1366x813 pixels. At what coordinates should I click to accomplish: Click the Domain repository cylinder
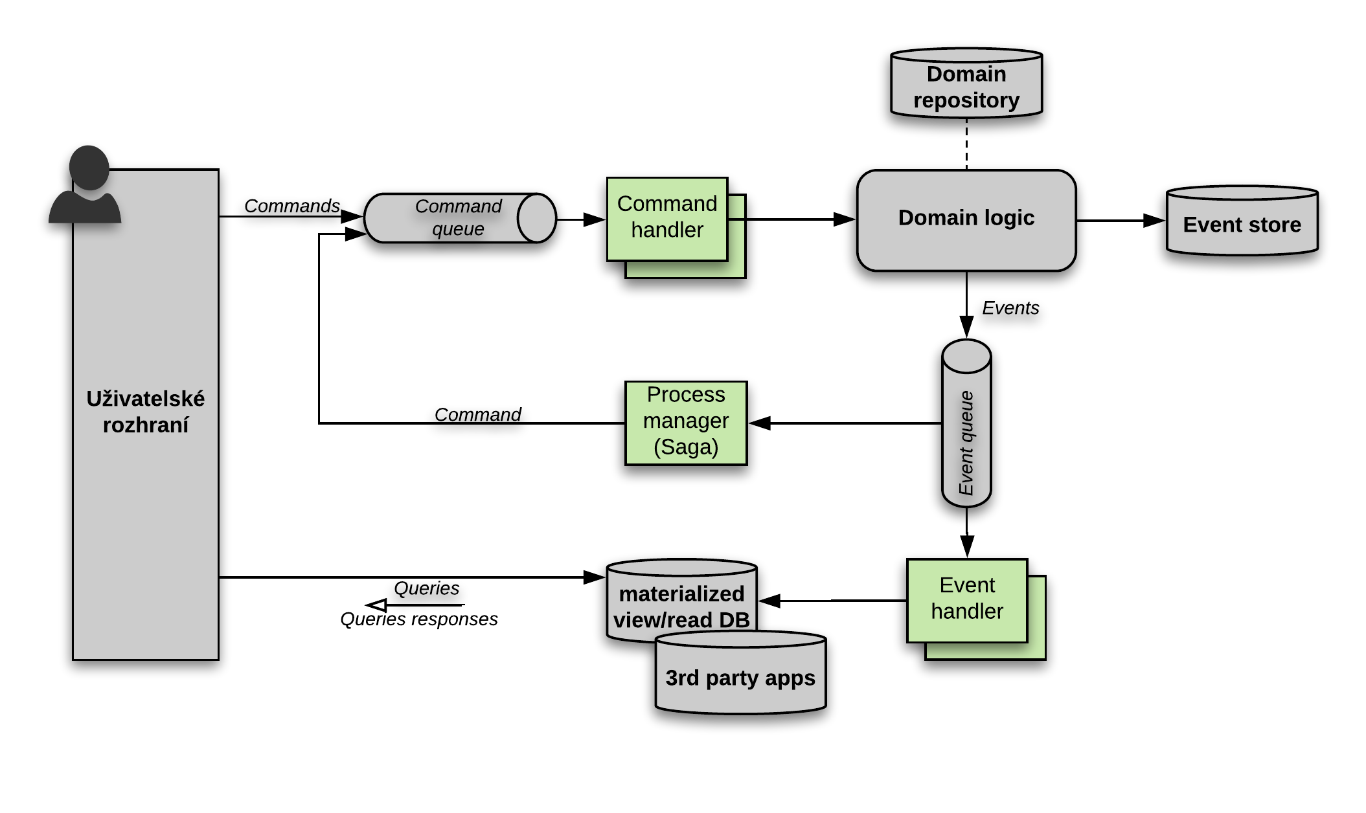[966, 84]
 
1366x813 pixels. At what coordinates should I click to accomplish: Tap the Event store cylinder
[1242, 223]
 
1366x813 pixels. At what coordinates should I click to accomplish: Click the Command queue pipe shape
[447, 218]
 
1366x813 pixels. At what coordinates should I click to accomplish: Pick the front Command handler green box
[666, 218]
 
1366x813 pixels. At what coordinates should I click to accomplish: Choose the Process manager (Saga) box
[686, 422]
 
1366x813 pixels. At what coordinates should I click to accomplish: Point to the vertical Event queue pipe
[966, 434]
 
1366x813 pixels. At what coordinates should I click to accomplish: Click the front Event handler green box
[967, 600]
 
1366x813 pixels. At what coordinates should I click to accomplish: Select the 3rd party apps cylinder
[740, 676]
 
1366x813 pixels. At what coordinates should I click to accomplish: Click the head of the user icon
[89, 167]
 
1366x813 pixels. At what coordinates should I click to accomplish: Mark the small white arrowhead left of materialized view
[379, 605]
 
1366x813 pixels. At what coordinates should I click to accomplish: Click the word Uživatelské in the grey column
[145, 399]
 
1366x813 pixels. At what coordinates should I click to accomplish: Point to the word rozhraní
[145, 425]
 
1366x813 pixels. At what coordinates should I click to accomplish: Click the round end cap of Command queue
[537, 218]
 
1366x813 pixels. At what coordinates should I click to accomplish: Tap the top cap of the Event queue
[966, 357]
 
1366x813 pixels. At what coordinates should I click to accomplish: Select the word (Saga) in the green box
[686, 447]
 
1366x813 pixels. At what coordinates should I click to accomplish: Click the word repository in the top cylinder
[966, 100]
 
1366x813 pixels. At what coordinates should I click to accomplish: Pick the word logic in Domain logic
[1010, 218]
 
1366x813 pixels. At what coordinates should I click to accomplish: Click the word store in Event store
[1275, 225]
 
